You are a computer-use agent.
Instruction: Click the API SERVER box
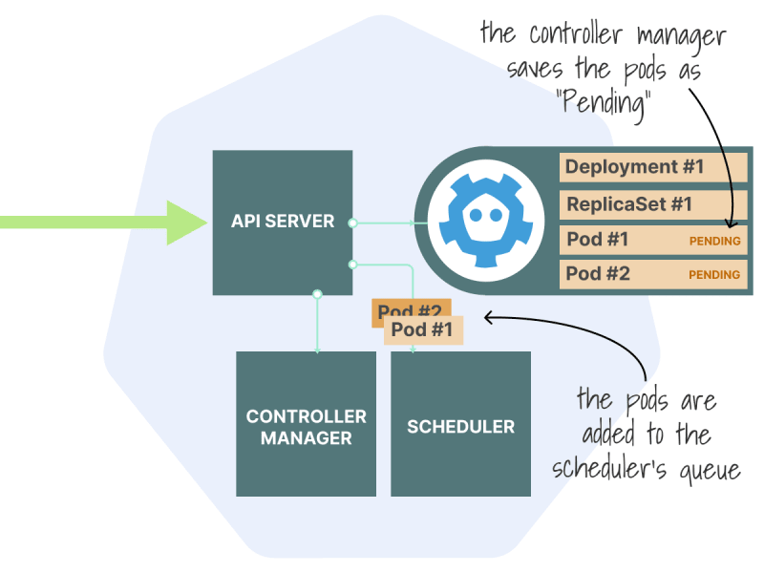coord(283,223)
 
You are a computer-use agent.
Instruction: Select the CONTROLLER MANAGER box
coord(306,424)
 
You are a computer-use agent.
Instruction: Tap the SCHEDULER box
coord(460,424)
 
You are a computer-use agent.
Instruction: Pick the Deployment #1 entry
coord(653,168)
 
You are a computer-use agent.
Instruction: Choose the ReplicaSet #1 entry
coord(653,204)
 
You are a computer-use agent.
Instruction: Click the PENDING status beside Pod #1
coord(714,241)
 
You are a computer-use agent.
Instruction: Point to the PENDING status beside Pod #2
coord(714,275)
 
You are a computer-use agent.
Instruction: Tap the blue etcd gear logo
coord(485,221)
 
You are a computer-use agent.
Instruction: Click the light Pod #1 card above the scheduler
coord(423,329)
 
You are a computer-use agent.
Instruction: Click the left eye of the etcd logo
coord(476,215)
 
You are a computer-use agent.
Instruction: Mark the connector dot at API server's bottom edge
coord(317,294)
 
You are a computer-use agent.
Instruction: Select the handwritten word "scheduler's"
coord(609,468)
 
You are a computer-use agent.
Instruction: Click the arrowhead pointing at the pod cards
coord(489,318)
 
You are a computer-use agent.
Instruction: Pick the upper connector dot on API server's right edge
coord(352,223)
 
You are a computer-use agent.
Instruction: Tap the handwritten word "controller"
coord(576,34)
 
